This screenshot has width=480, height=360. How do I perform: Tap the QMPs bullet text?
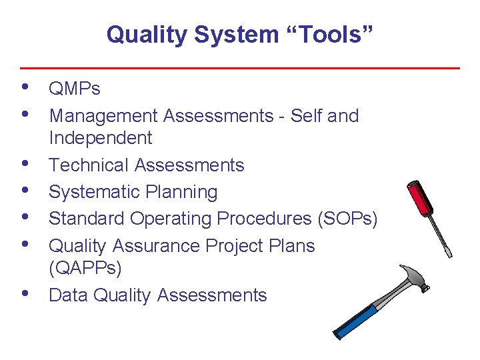[75, 89]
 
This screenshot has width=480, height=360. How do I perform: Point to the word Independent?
[101, 138]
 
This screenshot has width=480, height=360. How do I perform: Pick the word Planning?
[180, 192]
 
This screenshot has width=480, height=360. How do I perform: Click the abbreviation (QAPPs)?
[85, 268]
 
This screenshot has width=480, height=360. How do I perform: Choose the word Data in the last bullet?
[69, 295]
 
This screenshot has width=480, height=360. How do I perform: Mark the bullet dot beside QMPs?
[25, 87]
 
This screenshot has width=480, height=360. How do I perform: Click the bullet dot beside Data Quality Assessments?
[25, 293]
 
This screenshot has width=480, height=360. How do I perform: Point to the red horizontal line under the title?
[240, 68]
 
